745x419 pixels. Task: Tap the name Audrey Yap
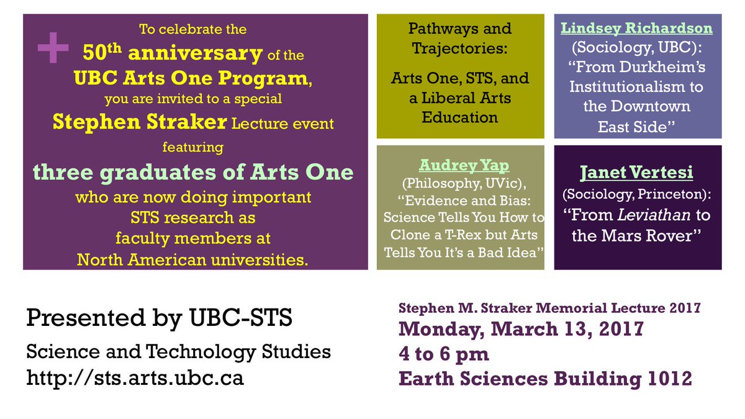(x=460, y=166)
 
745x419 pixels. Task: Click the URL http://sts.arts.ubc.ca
(x=135, y=378)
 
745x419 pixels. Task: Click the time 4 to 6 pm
(x=444, y=354)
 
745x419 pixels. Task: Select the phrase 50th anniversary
(x=172, y=53)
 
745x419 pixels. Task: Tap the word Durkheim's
(x=664, y=66)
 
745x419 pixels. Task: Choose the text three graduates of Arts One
(x=193, y=172)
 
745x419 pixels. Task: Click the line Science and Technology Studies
(x=178, y=353)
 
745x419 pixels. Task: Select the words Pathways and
(x=460, y=29)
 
